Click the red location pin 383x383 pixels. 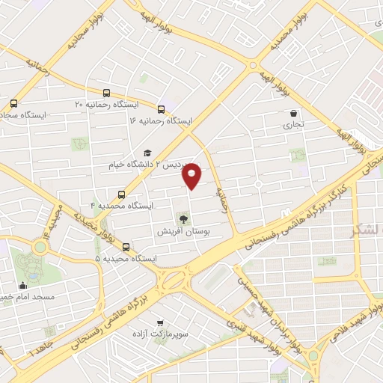pyautogui.click(x=193, y=175)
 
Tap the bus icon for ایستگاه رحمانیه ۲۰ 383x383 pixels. pyautogui.click(x=107, y=94)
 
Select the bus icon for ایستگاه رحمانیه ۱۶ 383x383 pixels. pyautogui.click(x=161, y=108)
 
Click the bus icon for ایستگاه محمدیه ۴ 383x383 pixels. pyautogui.click(x=122, y=194)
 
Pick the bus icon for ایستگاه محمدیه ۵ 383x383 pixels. pyautogui.click(x=125, y=247)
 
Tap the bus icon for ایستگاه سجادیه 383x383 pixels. pyautogui.click(x=13, y=104)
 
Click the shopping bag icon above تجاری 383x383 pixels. pyautogui.click(x=293, y=114)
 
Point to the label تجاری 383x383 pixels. pyautogui.click(x=293, y=126)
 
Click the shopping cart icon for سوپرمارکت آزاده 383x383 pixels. pyautogui.click(x=159, y=324)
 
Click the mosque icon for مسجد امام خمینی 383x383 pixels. pyautogui.click(x=22, y=285)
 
